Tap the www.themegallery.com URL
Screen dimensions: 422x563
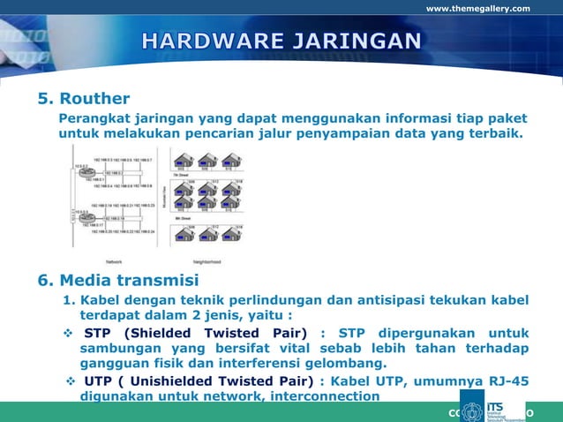tap(477, 9)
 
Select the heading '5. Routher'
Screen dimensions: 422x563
tap(83, 98)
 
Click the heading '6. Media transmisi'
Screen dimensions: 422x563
tap(117, 281)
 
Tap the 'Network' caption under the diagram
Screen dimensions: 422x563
tap(114, 261)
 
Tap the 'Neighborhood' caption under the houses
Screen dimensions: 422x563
tap(206, 261)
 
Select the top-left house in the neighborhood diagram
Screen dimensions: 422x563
tap(184, 161)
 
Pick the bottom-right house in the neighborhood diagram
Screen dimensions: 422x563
tap(232, 235)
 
